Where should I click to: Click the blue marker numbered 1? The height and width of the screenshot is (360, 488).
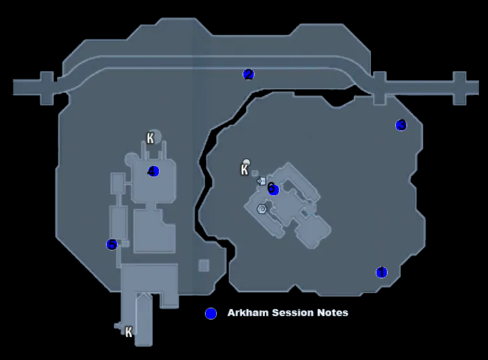click(381, 272)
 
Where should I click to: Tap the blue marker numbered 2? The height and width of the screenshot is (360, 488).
click(248, 74)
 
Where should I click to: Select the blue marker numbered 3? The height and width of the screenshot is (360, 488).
click(401, 125)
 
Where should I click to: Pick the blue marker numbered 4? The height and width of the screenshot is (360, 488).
click(153, 171)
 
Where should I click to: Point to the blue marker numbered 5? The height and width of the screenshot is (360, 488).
click(112, 244)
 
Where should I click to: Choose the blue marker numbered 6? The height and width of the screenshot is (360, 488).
click(273, 189)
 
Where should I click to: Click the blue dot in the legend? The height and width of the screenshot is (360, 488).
click(211, 313)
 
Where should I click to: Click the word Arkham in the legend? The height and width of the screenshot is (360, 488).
click(246, 313)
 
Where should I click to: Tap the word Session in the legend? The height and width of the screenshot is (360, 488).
click(290, 313)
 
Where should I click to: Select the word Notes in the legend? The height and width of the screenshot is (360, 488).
click(333, 313)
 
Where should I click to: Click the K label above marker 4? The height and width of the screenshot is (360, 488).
click(150, 138)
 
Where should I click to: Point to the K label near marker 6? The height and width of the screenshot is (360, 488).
click(245, 170)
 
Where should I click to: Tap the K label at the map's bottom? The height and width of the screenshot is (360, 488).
click(128, 332)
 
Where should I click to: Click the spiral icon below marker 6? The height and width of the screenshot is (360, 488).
click(262, 209)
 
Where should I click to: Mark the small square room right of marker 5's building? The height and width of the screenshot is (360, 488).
click(204, 265)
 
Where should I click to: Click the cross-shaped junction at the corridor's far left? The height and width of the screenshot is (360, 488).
click(47, 87)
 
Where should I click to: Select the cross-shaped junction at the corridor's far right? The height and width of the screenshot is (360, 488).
click(459, 87)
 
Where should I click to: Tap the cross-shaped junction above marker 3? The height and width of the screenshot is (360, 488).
click(379, 87)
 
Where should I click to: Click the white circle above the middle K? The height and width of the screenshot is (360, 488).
click(246, 162)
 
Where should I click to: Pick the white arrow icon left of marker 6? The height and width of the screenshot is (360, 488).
click(261, 181)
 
